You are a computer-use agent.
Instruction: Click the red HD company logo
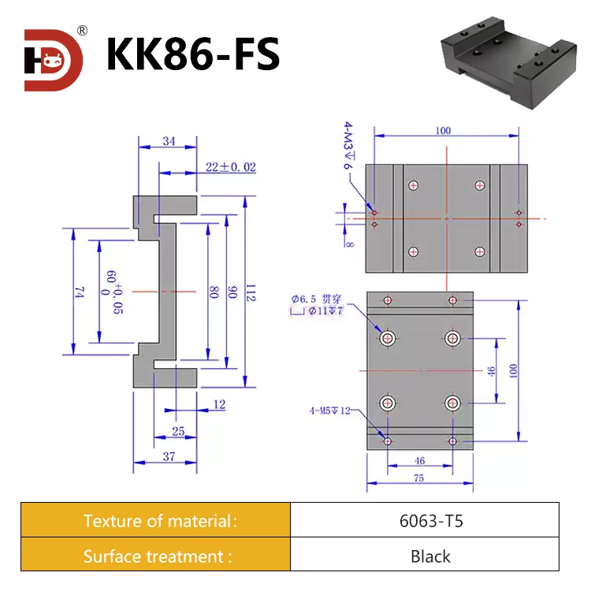tap(54, 60)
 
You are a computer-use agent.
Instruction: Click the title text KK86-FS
tap(192, 55)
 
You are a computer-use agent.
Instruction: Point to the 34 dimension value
tap(167, 141)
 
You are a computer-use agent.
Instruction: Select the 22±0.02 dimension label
tap(230, 167)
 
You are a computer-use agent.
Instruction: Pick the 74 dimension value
tap(78, 292)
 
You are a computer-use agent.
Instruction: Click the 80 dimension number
tap(214, 292)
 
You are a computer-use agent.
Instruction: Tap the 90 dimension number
tap(232, 292)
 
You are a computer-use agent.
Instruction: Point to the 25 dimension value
tap(178, 432)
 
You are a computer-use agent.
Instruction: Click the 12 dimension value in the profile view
tap(219, 405)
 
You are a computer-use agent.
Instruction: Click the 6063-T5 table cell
tap(425, 520)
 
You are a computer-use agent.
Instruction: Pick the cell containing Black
tap(425, 556)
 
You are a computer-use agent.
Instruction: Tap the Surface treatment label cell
tap(156, 556)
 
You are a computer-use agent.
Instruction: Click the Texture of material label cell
tap(156, 520)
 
